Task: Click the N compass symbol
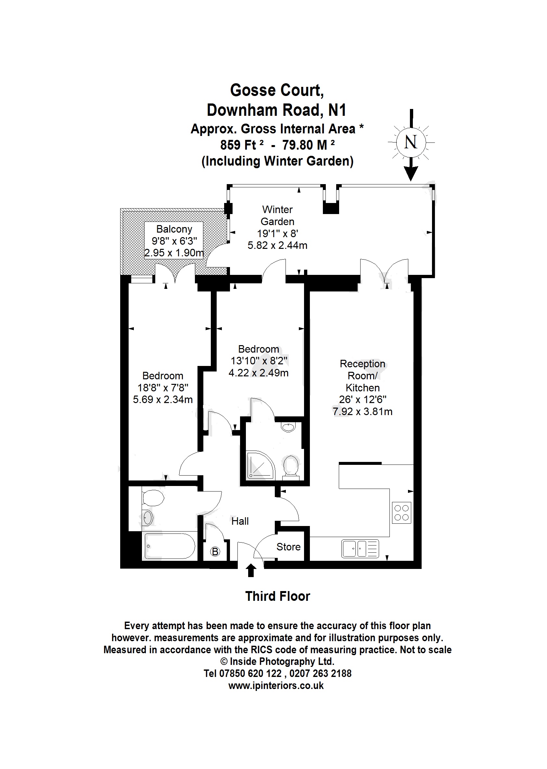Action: pos(411,142)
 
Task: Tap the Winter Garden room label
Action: pos(277,216)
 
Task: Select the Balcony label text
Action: pos(174,229)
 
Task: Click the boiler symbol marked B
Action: pos(215,551)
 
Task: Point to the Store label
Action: pos(288,547)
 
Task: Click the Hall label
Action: pos(240,521)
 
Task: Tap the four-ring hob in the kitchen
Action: pos(401,513)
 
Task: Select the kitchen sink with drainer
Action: pos(360,548)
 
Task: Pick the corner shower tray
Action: pos(260,466)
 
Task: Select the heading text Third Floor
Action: pos(277,596)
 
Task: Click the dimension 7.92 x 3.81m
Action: pos(363,411)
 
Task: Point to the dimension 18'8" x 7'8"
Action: pos(163,387)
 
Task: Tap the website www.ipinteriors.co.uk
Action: pos(276,686)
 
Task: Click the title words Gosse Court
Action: pos(277,90)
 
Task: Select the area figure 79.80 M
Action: pos(305,145)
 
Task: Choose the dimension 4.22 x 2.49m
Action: pos(258,373)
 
